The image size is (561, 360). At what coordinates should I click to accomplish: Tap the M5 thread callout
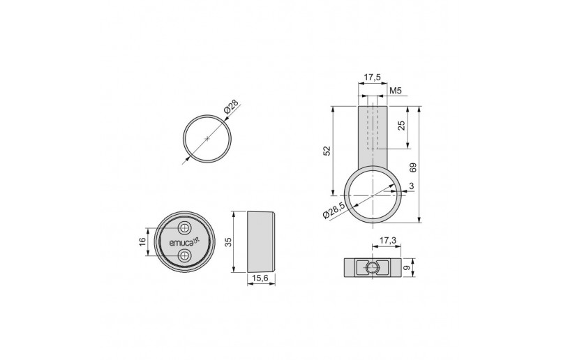coord(395,91)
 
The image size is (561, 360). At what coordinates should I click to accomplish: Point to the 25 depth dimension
coord(402,126)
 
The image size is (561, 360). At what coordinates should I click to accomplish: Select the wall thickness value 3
coord(412,186)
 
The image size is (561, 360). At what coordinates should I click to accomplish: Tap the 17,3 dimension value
coord(388,241)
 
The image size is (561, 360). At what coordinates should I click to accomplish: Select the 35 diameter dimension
coord(227,241)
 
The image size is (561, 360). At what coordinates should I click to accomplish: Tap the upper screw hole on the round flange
coord(184,229)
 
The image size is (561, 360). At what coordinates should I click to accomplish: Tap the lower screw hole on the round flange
coord(184,256)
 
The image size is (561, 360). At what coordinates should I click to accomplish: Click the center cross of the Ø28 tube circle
coord(207,139)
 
